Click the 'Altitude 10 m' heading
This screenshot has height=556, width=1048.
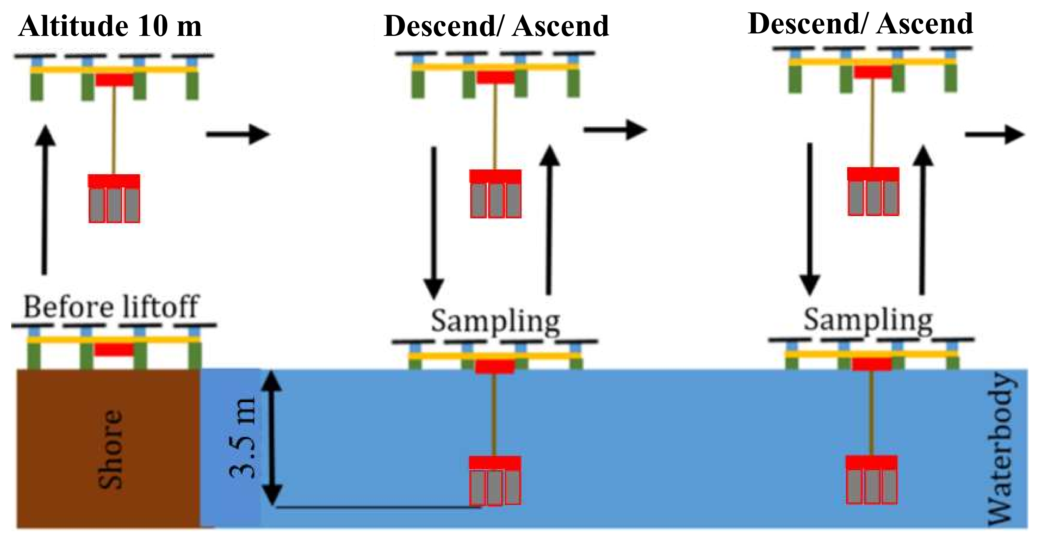pos(110,26)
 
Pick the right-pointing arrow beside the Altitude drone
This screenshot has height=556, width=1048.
pos(238,134)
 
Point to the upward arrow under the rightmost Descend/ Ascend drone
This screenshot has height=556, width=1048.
pos(923,220)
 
